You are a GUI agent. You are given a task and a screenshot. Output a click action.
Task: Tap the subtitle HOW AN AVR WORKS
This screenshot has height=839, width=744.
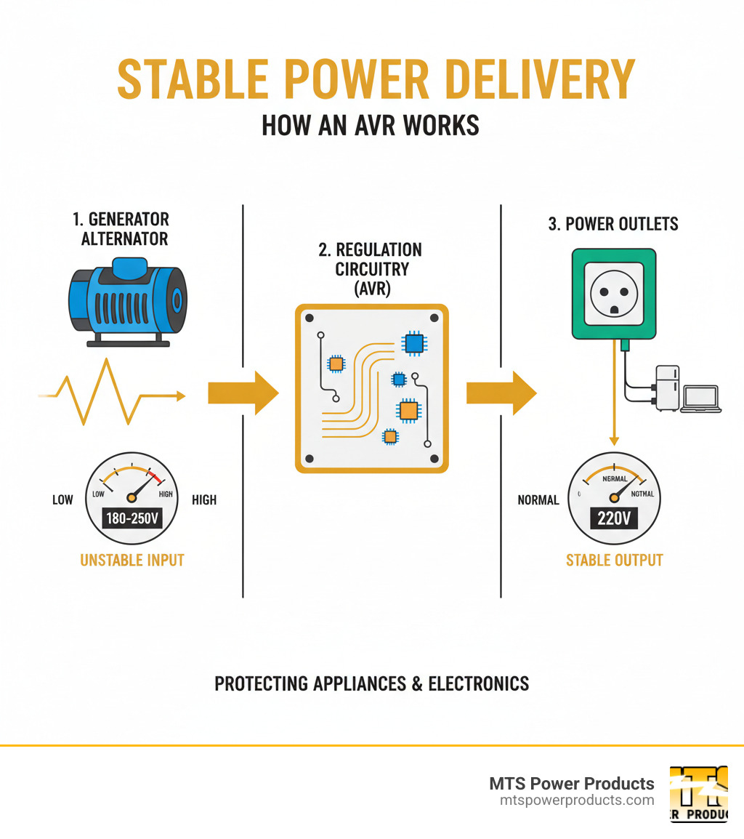pyautogui.click(x=371, y=125)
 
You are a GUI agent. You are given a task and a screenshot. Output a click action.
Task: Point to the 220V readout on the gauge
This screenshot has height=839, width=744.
pyautogui.click(x=614, y=520)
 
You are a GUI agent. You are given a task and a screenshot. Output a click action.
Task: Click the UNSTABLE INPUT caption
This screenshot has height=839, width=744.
pyautogui.click(x=132, y=560)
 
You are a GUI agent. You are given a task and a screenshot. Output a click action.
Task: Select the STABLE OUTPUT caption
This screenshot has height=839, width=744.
pyautogui.click(x=614, y=560)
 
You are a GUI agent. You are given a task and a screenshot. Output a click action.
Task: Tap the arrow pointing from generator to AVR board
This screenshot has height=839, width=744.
pyautogui.click(x=243, y=393)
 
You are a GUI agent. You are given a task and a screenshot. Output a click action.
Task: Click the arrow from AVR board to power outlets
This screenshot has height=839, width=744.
pyautogui.click(x=501, y=393)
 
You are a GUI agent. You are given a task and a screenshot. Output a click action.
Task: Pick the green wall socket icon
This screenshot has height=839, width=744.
pyautogui.click(x=614, y=294)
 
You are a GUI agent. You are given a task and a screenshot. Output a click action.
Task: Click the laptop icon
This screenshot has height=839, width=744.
pyautogui.click(x=701, y=399)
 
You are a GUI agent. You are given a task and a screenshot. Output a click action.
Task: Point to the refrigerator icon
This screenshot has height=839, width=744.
pyautogui.click(x=667, y=388)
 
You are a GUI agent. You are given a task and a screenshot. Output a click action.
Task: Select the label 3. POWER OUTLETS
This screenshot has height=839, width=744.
pyautogui.click(x=613, y=224)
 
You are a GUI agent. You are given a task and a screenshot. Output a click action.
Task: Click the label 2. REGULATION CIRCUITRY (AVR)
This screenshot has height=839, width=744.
pyautogui.click(x=371, y=269)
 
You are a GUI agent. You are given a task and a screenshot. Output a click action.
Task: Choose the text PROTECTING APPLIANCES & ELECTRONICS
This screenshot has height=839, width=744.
pyautogui.click(x=372, y=683)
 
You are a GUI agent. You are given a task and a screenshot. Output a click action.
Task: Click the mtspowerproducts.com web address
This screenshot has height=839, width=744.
pyautogui.click(x=577, y=800)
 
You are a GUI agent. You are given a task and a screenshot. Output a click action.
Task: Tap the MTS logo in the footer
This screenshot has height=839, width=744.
pyautogui.click(x=698, y=793)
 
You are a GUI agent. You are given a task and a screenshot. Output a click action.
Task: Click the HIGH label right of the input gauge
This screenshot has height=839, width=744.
pyautogui.click(x=204, y=499)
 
